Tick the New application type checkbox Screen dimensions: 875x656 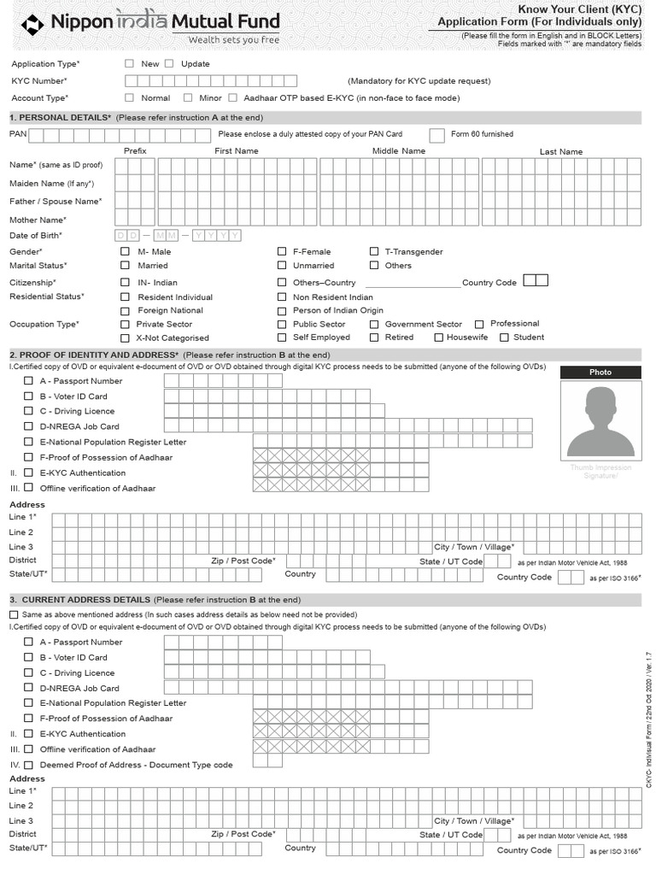129,63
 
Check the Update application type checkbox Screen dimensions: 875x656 168,63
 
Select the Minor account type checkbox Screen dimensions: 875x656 188,97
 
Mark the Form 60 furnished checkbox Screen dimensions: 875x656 436,134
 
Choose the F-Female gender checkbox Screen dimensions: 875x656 282,251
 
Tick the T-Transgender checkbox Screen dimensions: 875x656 374,251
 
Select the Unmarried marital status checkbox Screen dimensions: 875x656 282,265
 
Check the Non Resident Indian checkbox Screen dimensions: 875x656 282,297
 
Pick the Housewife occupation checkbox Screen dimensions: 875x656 438,337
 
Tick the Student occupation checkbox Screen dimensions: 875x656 504,337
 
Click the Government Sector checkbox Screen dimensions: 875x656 374,324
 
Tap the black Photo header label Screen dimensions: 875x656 600,372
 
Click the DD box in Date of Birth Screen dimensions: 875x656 126,235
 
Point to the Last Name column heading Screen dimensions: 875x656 560,151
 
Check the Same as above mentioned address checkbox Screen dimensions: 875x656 14,614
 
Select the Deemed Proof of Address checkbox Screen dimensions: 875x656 29,765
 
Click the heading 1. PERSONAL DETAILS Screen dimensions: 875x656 60,117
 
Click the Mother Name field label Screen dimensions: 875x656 38,220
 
